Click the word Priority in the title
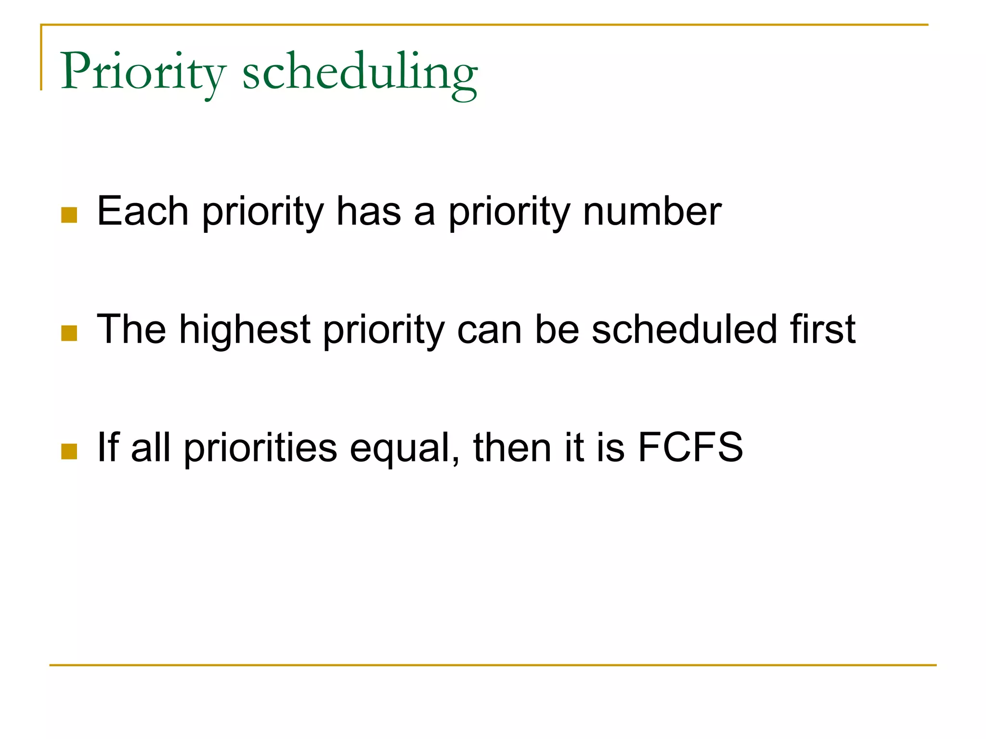click(x=143, y=72)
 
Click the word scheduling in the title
click(x=360, y=72)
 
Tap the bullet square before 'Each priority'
click(x=69, y=215)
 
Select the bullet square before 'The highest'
click(x=69, y=333)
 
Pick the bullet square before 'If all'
click(x=69, y=451)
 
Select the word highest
click(x=245, y=330)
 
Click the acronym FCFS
click(x=690, y=447)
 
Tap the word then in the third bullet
click(x=512, y=447)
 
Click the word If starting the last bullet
click(x=108, y=447)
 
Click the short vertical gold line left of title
click(x=41, y=58)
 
